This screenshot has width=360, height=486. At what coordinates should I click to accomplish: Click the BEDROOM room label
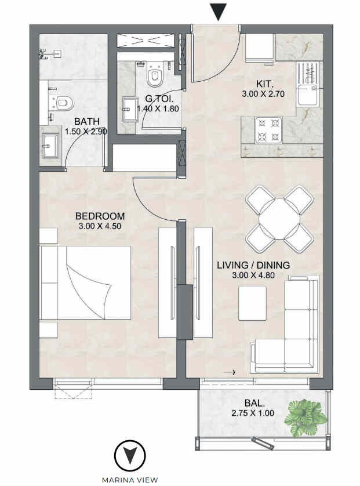(100, 216)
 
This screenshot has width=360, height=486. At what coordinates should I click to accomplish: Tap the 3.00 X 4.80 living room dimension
(253, 275)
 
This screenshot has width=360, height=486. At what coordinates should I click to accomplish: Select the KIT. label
(265, 84)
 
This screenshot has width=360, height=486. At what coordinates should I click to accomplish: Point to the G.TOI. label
(159, 99)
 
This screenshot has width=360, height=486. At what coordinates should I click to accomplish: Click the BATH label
(87, 121)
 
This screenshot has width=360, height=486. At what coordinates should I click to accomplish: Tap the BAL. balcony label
(254, 403)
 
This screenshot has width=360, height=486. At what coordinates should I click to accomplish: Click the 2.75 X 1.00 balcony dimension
(253, 413)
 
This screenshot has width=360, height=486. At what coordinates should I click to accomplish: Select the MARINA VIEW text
(130, 480)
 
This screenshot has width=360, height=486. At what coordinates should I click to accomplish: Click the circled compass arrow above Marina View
(130, 455)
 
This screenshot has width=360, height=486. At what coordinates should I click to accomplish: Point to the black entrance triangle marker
(219, 12)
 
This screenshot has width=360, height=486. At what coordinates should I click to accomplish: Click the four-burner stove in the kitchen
(268, 130)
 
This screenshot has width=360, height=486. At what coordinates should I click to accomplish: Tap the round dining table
(279, 219)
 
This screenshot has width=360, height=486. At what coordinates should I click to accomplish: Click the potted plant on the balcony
(305, 418)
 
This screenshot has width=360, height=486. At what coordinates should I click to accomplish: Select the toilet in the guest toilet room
(155, 74)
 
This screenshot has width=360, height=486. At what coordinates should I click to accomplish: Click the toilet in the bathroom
(62, 102)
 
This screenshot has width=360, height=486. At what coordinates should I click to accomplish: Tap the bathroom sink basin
(50, 146)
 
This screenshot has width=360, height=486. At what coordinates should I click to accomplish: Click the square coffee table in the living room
(252, 303)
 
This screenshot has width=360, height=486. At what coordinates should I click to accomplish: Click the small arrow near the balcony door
(230, 372)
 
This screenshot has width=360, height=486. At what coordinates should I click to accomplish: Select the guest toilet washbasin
(130, 109)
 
